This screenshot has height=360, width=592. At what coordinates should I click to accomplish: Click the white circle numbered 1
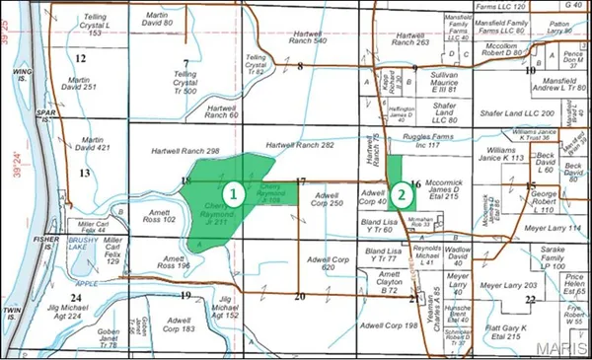[233, 194]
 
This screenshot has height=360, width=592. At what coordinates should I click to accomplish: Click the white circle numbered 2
[402, 194]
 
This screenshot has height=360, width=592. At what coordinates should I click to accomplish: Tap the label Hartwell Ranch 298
[185, 151]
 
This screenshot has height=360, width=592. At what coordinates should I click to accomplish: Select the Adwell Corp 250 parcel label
[326, 200]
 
